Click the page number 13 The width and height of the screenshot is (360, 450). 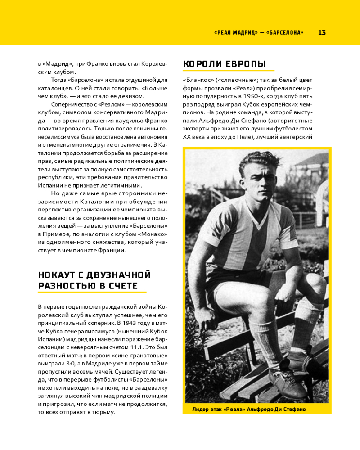coord(322,32)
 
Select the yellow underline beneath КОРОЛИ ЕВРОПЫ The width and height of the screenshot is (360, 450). coord(229,71)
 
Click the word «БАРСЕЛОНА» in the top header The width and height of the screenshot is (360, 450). coord(285,32)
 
